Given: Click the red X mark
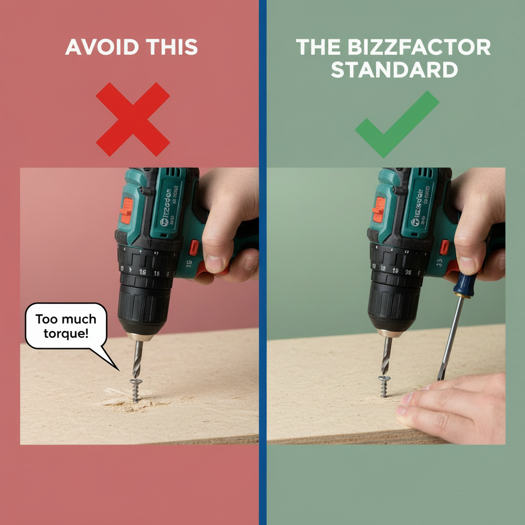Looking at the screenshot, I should click(133, 119).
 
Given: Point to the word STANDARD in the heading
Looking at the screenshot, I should click(394, 70).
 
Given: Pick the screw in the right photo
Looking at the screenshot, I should click(384, 386).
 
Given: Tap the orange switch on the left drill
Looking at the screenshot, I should click(126, 211).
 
